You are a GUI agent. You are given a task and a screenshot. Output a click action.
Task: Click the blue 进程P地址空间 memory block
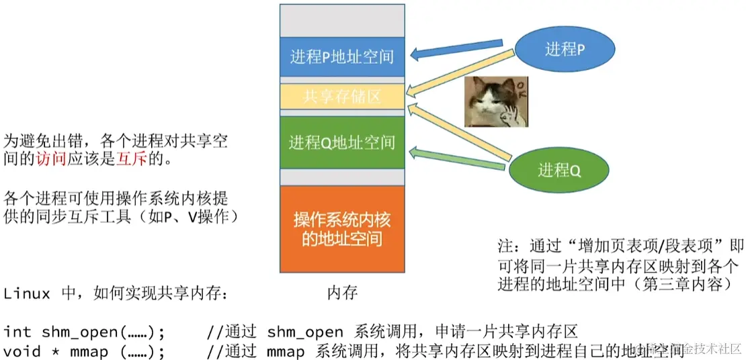pos(342,57)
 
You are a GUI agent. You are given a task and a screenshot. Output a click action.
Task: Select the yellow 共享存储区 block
pos(342,96)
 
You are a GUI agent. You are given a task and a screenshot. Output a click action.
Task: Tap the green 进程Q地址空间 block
pos(342,142)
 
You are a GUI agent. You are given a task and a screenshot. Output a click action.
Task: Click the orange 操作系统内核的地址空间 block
pos(342,229)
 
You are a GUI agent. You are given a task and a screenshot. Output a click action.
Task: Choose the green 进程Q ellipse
pos(558,171)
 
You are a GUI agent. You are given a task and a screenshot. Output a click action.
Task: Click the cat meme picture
pos(497,101)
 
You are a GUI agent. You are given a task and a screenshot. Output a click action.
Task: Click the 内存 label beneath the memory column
pos(342,293)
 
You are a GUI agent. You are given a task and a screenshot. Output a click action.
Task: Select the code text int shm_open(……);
pos(83,332)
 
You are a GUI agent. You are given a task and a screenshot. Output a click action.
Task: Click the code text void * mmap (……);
pos(83,351)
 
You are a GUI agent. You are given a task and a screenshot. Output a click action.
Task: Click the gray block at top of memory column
pos(342,20)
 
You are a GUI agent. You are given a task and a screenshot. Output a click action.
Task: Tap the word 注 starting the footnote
pos(503,244)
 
